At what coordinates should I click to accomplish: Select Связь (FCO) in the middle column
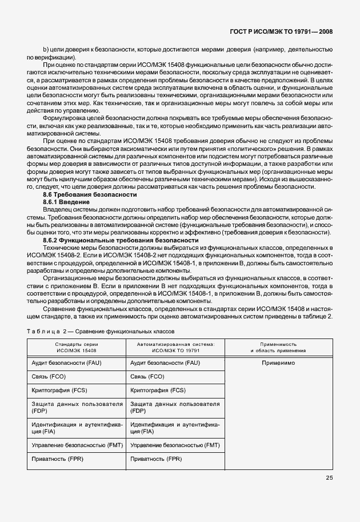147,377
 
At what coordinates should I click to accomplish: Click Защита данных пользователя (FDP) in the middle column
175,407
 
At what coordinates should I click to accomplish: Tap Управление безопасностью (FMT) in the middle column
175,445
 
